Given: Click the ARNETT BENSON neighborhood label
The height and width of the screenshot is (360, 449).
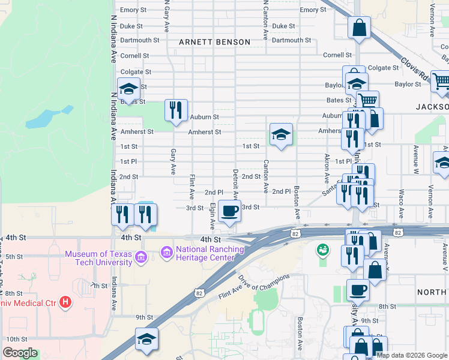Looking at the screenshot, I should pos(214,42).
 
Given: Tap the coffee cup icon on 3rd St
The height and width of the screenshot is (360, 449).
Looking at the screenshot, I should pos(230,211).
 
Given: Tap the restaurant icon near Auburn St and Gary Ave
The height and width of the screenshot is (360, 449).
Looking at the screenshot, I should pos(176,110).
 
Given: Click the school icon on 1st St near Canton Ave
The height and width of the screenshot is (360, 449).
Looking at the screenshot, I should pos(281,134).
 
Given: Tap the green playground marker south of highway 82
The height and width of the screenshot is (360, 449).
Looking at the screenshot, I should pos(323,248).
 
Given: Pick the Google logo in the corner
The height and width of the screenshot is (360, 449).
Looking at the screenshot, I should pos(20,353).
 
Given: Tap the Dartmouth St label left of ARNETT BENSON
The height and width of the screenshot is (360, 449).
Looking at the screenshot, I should pos(140,40).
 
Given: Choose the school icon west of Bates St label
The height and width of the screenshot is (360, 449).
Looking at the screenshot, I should pos(128,89).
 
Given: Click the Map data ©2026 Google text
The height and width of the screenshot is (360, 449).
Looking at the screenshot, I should pos(412,355).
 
